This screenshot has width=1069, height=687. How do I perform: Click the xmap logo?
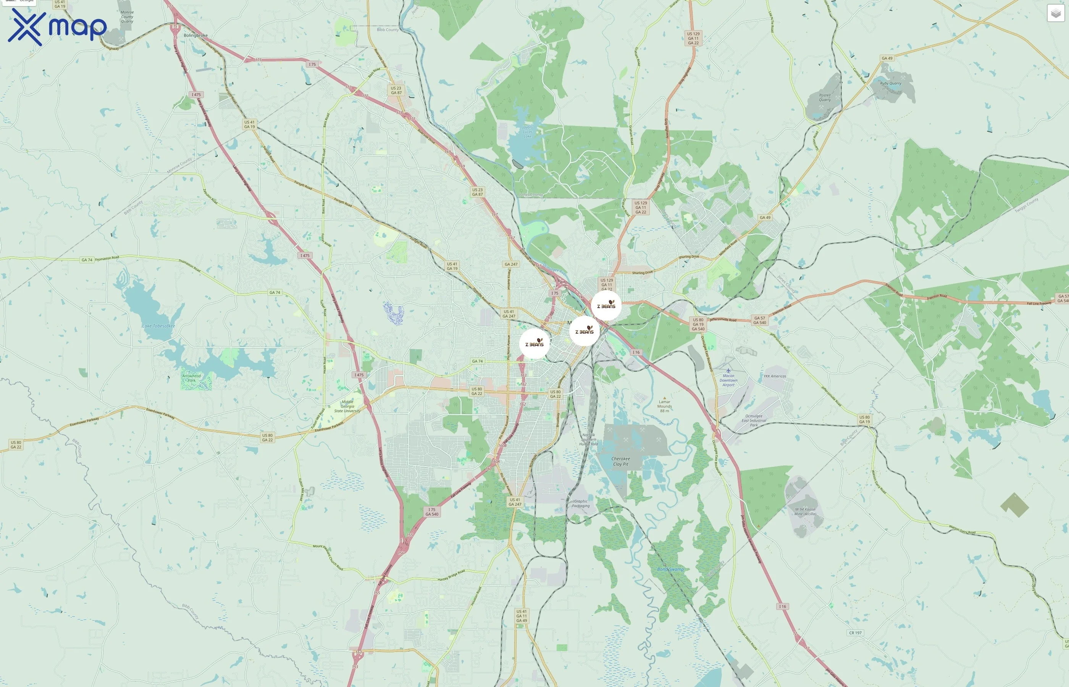(57, 27)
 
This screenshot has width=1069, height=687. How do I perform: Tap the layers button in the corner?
(1055, 13)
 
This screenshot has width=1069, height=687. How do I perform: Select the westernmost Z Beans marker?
(534, 343)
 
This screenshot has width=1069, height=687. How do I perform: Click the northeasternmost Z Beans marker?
(606, 306)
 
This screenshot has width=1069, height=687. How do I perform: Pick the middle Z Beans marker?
(584, 331)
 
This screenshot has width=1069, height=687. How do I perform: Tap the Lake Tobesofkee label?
(158, 326)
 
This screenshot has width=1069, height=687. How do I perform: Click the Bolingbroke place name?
(195, 35)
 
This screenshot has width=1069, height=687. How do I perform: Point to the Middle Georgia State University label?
(347, 406)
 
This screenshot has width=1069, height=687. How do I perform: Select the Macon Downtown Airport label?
(728, 380)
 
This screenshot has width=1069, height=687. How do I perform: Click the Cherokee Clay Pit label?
(621, 461)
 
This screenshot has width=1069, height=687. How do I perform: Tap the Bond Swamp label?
(670, 569)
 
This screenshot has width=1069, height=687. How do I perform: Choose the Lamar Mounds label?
(664, 406)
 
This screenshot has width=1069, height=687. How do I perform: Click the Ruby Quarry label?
(891, 84)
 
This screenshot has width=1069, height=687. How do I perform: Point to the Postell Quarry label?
(825, 97)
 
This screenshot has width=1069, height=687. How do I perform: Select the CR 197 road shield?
(855, 632)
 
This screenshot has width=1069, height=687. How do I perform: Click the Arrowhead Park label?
(191, 378)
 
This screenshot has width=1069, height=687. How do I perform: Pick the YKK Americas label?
(775, 376)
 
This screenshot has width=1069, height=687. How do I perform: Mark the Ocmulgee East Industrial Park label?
(754, 420)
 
